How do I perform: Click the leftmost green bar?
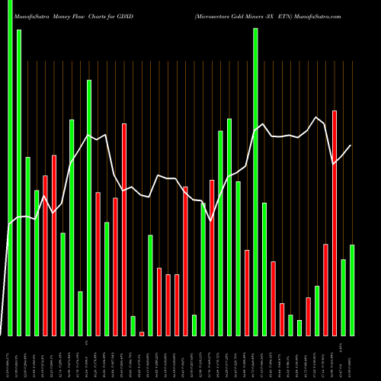[x=10, y=168]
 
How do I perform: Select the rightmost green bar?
[x=352, y=290]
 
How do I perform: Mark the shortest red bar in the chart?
[x=142, y=333]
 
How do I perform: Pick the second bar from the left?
[x=19, y=183]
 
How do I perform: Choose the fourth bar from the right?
[x=325, y=290]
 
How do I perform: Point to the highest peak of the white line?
[x=316, y=117]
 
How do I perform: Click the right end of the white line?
[x=351, y=146]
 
